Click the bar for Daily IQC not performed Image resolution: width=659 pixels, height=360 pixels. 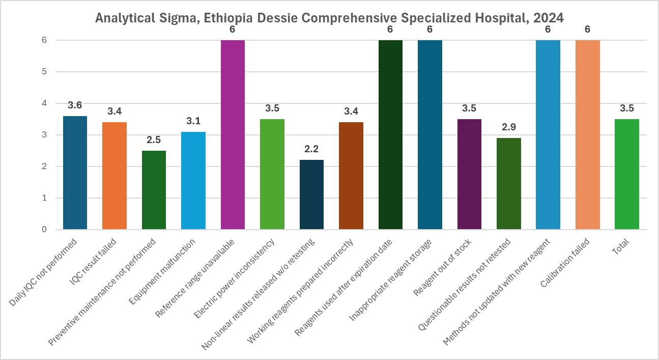point(75,173)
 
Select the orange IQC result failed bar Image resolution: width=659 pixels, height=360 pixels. point(114,176)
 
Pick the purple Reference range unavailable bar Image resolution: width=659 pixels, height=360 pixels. point(233,134)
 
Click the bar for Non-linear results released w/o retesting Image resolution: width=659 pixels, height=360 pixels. point(311,195)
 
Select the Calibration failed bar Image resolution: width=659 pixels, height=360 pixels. point(587,134)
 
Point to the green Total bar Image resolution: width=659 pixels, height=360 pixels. point(626,174)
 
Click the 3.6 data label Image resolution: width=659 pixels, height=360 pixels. point(75,105)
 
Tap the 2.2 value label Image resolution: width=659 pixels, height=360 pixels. point(311,149)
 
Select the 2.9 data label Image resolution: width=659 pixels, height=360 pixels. point(508,127)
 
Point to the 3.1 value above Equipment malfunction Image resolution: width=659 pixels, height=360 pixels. point(193,121)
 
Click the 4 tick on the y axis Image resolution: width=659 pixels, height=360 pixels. point(44,103)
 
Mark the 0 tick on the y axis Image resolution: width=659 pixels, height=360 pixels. point(44,230)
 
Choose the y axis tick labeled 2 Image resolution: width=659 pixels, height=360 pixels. point(44,167)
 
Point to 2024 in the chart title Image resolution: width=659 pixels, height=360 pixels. point(549,18)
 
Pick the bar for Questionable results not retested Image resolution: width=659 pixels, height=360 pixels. point(508,183)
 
